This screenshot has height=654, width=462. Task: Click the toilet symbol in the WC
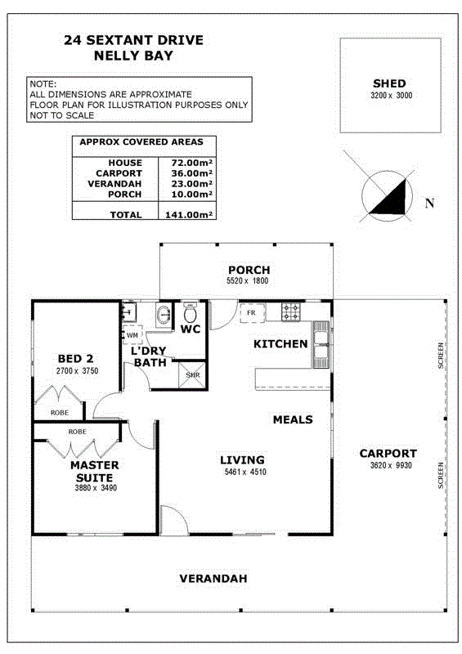(190, 313)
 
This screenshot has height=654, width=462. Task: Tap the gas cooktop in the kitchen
(291, 312)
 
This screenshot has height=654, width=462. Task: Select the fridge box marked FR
(252, 313)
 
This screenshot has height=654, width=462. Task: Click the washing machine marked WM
(132, 335)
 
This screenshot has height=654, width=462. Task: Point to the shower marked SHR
(192, 375)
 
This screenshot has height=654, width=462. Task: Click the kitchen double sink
(321, 344)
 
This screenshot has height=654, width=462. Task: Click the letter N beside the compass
(429, 203)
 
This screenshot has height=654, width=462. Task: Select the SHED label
(389, 83)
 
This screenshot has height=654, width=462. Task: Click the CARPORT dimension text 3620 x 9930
(391, 465)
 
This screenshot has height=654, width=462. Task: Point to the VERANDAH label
(213, 579)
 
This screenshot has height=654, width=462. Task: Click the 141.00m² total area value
(189, 215)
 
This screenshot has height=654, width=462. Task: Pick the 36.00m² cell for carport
(191, 173)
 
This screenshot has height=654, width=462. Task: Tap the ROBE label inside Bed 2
(60, 413)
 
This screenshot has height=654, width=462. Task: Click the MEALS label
(293, 419)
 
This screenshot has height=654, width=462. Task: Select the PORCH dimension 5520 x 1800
(248, 280)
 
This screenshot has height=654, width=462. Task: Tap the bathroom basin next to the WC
(164, 314)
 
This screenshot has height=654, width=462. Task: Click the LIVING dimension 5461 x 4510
(245, 472)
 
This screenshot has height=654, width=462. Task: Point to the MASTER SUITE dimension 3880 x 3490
(96, 487)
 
